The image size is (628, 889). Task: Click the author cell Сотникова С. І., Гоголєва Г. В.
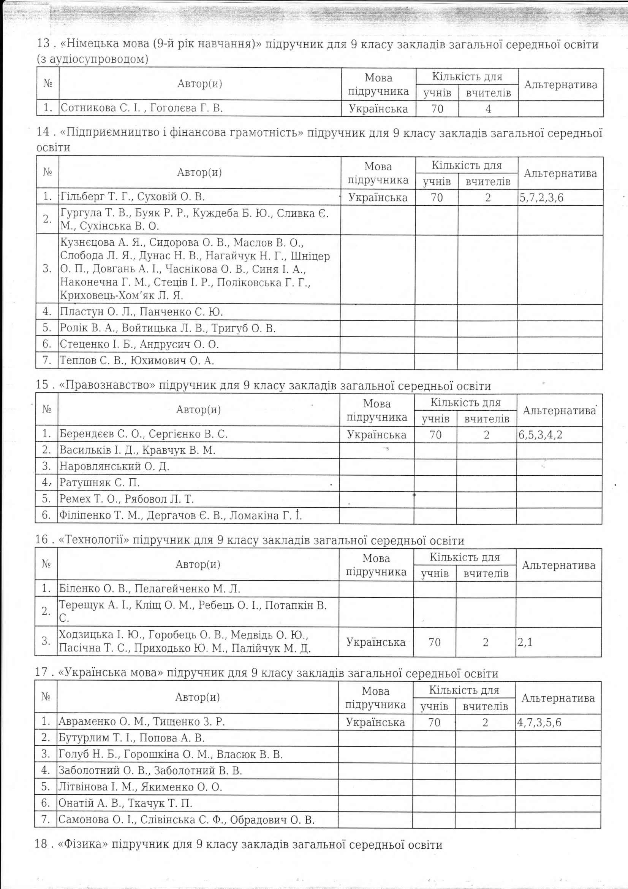(142, 108)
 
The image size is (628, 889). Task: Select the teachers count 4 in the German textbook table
(488, 109)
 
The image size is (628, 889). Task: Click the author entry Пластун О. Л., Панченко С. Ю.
(141, 312)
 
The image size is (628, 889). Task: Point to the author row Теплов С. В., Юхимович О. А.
(137, 361)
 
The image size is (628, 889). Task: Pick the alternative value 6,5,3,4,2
(541, 435)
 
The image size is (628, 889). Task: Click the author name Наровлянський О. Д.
(114, 467)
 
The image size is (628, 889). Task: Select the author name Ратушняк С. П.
(100, 483)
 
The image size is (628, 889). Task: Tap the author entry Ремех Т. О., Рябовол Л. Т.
(127, 499)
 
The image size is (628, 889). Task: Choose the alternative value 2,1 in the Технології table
(525, 642)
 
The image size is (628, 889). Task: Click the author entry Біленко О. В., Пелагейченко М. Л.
(149, 589)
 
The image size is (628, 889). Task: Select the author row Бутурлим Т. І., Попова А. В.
(131, 738)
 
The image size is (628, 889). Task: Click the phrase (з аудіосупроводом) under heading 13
(92, 59)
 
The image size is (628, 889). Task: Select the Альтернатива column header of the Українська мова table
(558, 698)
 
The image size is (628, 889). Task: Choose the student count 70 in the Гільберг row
(437, 198)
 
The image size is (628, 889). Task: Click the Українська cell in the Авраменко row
(375, 722)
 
